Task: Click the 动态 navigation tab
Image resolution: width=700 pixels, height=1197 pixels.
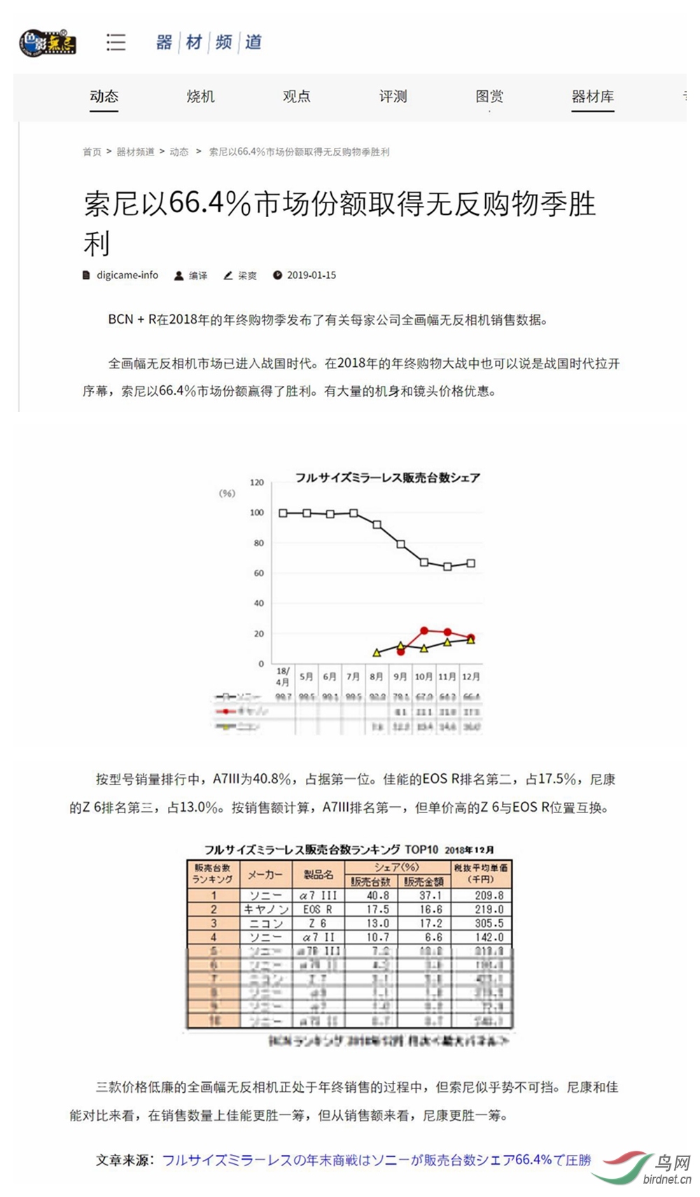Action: coord(104,97)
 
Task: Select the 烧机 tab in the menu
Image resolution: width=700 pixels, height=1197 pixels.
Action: coord(200,97)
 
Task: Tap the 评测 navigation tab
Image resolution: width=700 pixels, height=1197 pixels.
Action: coord(393,97)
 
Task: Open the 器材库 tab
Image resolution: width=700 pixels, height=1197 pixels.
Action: coord(592,97)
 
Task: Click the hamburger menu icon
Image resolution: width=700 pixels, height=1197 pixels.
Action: coord(116,42)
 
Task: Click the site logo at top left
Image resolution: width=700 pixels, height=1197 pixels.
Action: coord(48,42)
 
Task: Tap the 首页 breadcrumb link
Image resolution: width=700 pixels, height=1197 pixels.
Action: coord(92,152)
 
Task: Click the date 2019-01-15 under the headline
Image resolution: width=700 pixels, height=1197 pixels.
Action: coord(311,275)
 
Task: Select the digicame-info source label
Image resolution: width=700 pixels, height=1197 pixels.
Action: coord(127,275)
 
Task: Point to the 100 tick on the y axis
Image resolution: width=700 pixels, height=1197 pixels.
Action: coord(257,513)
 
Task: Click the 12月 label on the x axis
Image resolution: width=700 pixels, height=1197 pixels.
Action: coord(471,677)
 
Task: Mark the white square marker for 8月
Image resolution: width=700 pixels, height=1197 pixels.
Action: coord(377,525)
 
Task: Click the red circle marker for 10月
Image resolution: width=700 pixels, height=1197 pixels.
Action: coord(424,631)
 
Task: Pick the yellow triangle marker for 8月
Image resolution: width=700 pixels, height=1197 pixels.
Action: coord(377,652)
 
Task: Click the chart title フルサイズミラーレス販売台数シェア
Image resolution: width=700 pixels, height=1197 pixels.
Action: coord(387,478)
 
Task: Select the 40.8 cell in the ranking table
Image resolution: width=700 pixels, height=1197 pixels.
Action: coord(378,895)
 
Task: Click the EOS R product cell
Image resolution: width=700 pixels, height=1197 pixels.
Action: coord(318,909)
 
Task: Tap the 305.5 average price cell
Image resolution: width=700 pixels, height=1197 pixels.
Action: coord(489,923)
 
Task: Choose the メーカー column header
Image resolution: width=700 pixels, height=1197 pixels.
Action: coord(265,874)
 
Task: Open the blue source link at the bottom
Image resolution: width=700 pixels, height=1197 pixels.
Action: coord(377,1160)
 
